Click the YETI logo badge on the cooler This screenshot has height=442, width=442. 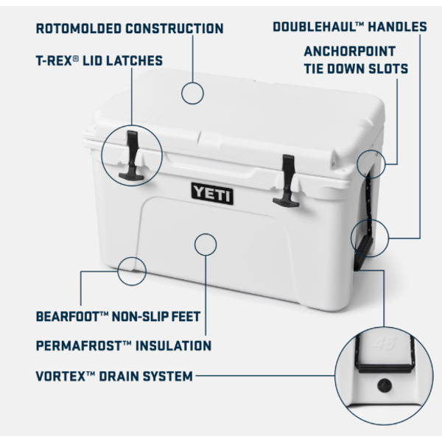(x=212, y=193)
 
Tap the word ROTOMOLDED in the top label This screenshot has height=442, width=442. (x=79, y=29)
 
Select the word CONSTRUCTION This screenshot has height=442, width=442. (x=175, y=29)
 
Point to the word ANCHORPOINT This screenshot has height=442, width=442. (x=349, y=52)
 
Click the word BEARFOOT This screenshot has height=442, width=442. (x=68, y=316)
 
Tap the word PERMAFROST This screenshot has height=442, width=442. (x=80, y=345)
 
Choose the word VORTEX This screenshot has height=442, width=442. (x=60, y=376)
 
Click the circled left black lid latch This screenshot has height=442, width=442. (x=132, y=155)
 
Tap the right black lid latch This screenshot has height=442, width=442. (x=288, y=180)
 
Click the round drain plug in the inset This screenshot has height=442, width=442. (x=385, y=385)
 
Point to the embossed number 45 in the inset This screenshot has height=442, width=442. (x=385, y=343)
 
